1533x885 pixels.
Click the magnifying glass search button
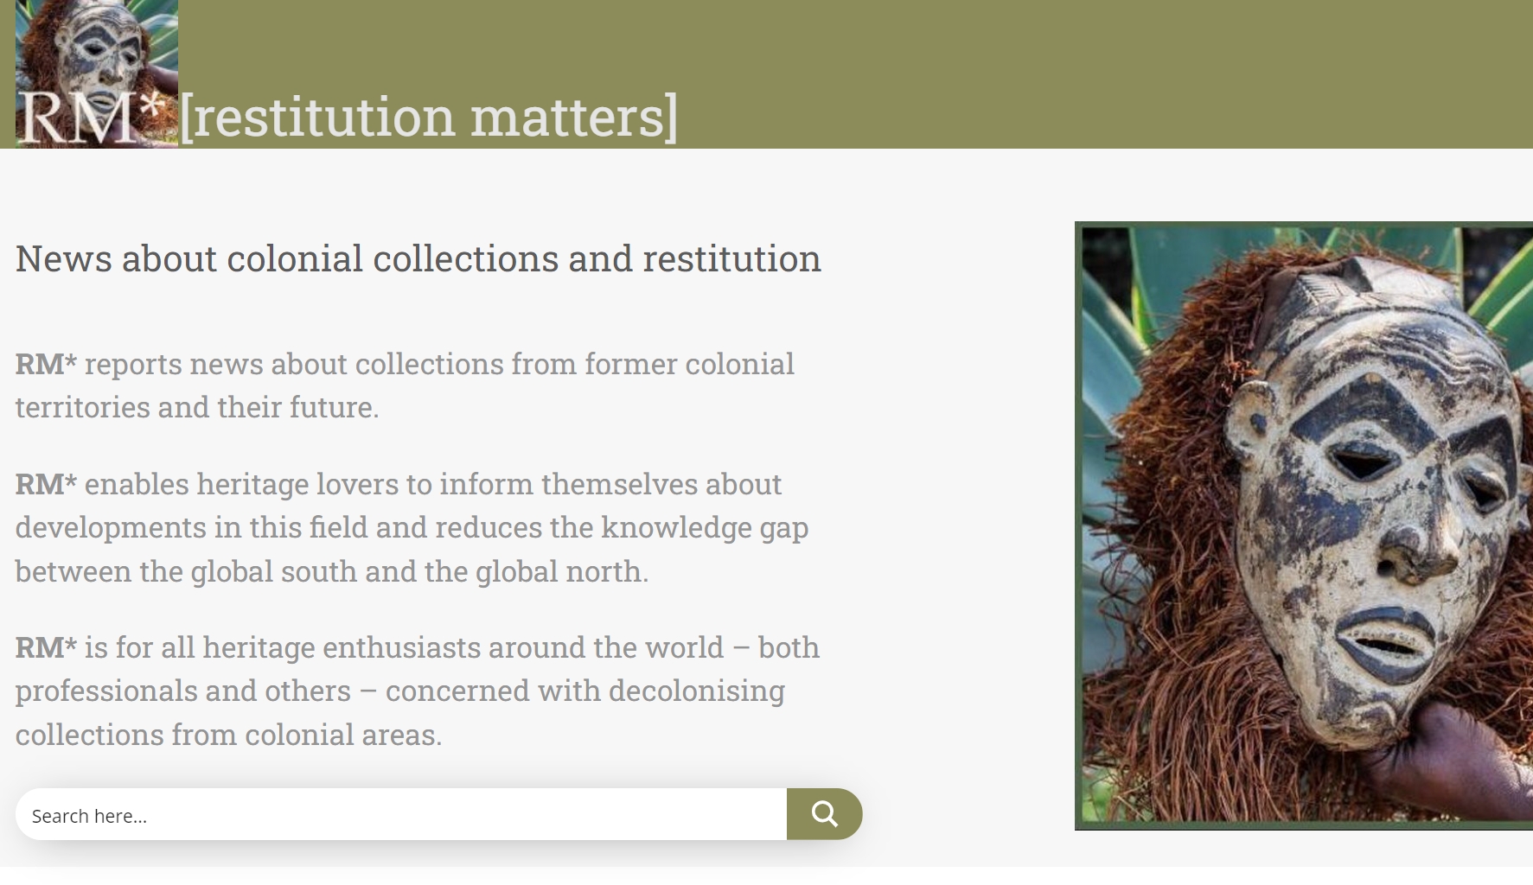pyautogui.click(x=824, y=814)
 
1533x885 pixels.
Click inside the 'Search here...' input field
pyautogui.click(x=401, y=814)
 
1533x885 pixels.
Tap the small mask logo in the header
pyautogui.click(x=97, y=73)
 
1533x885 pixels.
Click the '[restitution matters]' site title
pyautogui.click(x=429, y=117)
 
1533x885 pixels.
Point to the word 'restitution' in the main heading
pyautogui.click(x=731, y=258)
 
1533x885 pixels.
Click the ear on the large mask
pyautogui.click(x=1249, y=415)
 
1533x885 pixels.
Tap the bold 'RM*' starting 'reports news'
pyautogui.click(x=46, y=364)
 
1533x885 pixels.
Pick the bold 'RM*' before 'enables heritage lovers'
pyautogui.click(x=46, y=484)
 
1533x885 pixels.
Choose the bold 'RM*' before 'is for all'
pyautogui.click(x=46, y=647)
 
